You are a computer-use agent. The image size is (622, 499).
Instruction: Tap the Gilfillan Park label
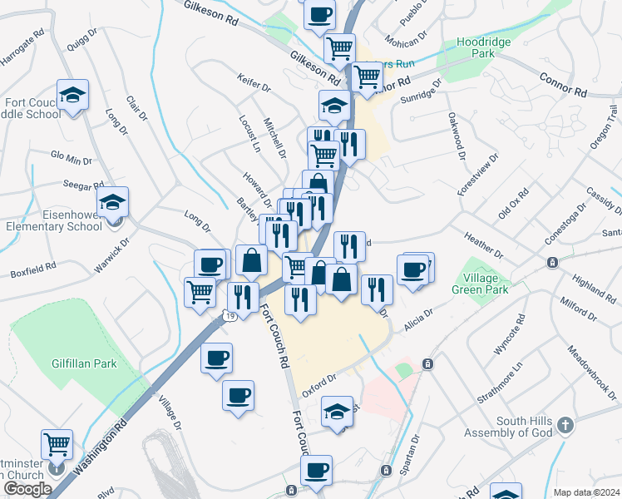(82, 363)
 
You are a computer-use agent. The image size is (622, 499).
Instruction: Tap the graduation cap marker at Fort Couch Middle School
(72, 95)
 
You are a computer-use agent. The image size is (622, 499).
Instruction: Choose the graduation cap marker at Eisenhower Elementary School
(112, 201)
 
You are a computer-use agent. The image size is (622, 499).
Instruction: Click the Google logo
(27, 489)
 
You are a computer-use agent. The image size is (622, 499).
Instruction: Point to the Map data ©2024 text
(587, 492)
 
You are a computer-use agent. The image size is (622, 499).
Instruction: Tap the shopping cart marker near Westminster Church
(57, 444)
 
